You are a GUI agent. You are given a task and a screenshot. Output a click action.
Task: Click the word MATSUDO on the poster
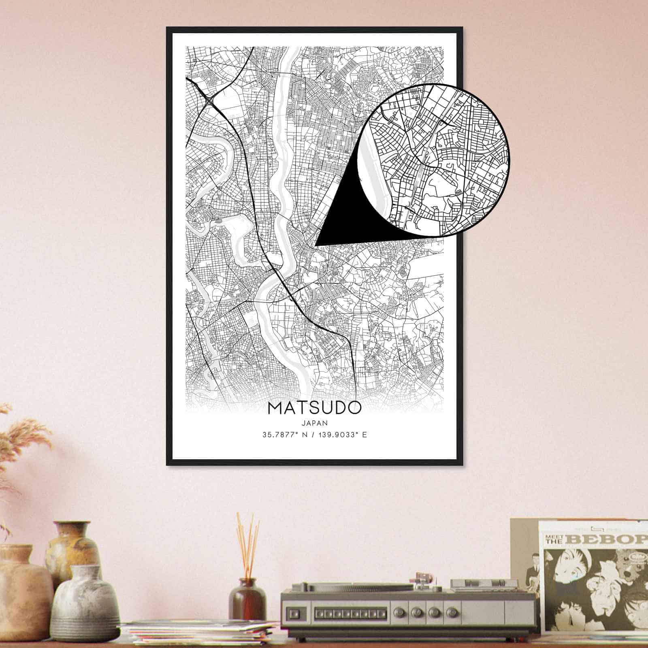[314, 408]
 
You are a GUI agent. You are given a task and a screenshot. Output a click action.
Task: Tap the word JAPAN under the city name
[314, 422]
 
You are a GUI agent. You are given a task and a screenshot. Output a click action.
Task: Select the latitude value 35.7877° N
[286, 435]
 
